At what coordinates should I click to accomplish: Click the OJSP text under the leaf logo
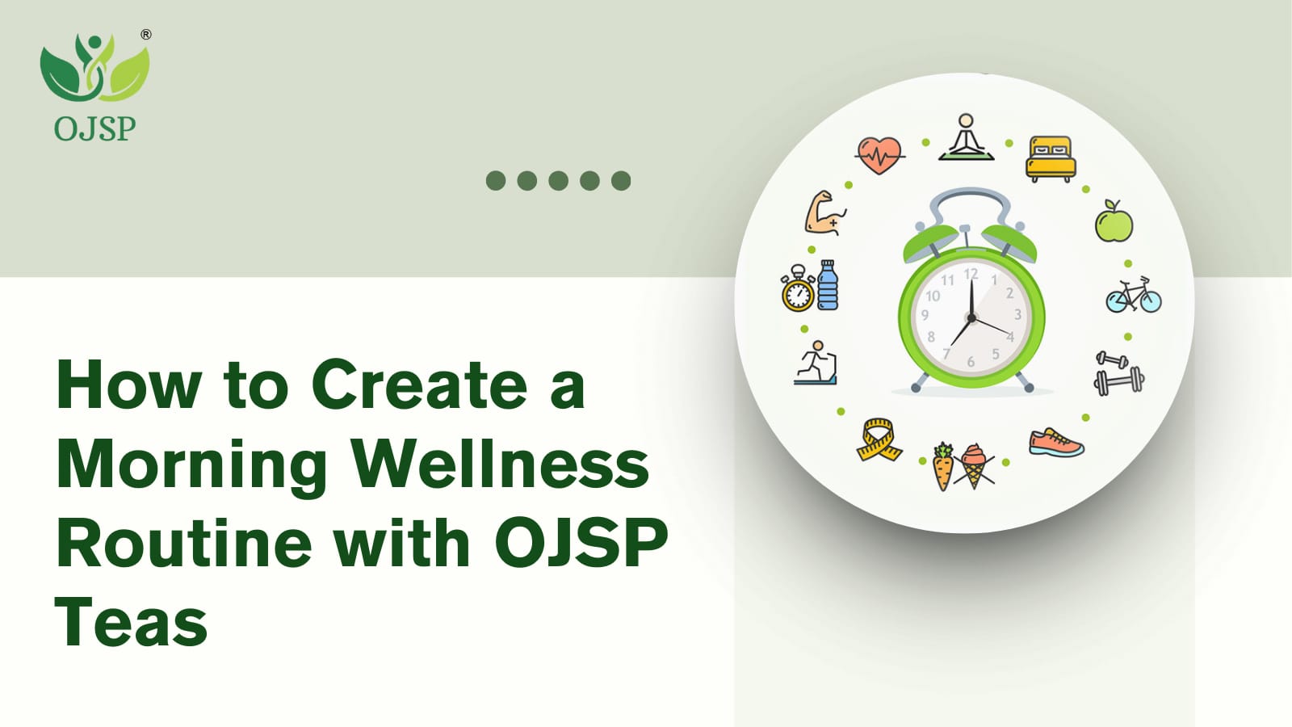click(x=94, y=128)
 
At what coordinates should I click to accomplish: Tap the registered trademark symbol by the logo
click(x=146, y=35)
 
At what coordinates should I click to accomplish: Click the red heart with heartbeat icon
click(x=879, y=155)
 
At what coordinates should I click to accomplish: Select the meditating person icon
click(x=966, y=137)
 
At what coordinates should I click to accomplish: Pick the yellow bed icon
click(x=1051, y=158)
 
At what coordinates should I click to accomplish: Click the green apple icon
click(x=1114, y=221)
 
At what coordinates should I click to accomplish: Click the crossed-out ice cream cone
click(x=974, y=466)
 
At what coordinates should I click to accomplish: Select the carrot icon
click(x=943, y=467)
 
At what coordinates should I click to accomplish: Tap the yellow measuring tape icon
click(x=879, y=440)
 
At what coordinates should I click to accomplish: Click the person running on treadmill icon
click(x=816, y=363)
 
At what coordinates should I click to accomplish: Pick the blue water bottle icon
click(x=828, y=285)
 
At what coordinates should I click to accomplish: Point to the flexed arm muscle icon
click(x=825, y=212)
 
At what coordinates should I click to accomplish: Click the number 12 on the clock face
click(x=971, y=274)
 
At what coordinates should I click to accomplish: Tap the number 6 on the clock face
click(x=971, y=362)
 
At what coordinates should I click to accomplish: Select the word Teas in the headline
click(x=132, y=622)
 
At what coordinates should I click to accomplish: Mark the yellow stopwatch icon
click(x=799, y=288)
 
